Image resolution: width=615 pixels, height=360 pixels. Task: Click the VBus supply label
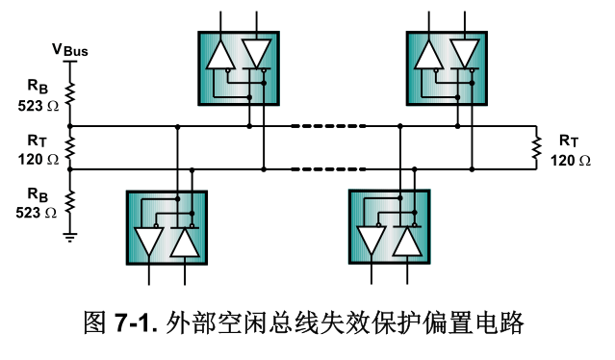pyautogui.click(x=69, y=49)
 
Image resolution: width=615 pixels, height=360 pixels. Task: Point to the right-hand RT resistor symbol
pyautogui.click(x=536, y=147)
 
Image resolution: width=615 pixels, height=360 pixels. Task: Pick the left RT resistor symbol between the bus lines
pyautogui.click(x=69, y=147)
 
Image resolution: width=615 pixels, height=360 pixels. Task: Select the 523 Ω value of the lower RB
pyautogui.click(x=38, y=213)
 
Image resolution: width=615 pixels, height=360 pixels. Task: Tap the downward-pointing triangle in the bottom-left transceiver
pyautogui.click(x=149, y=240)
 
